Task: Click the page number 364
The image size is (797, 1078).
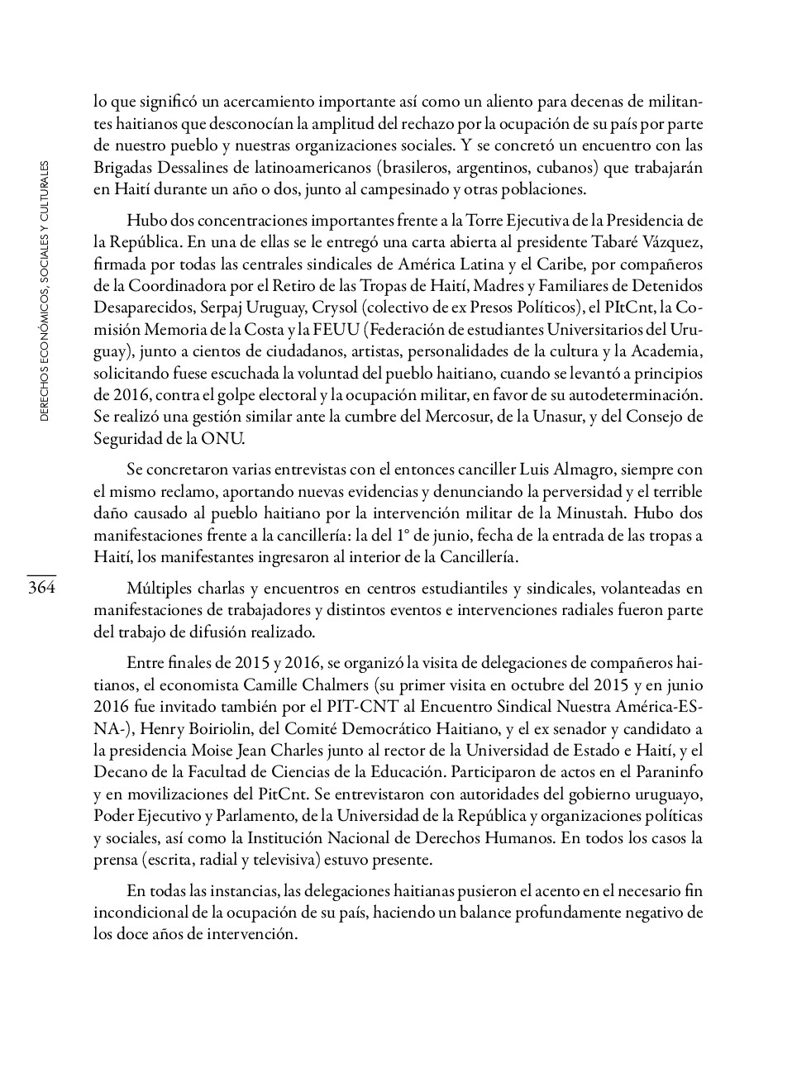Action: pyautogui.click(x=41, y=588)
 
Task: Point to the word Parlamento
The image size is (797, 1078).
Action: pyautogui.click(x=251, y=816)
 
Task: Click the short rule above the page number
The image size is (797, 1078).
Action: pyautogui.click(x=41, y=575)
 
